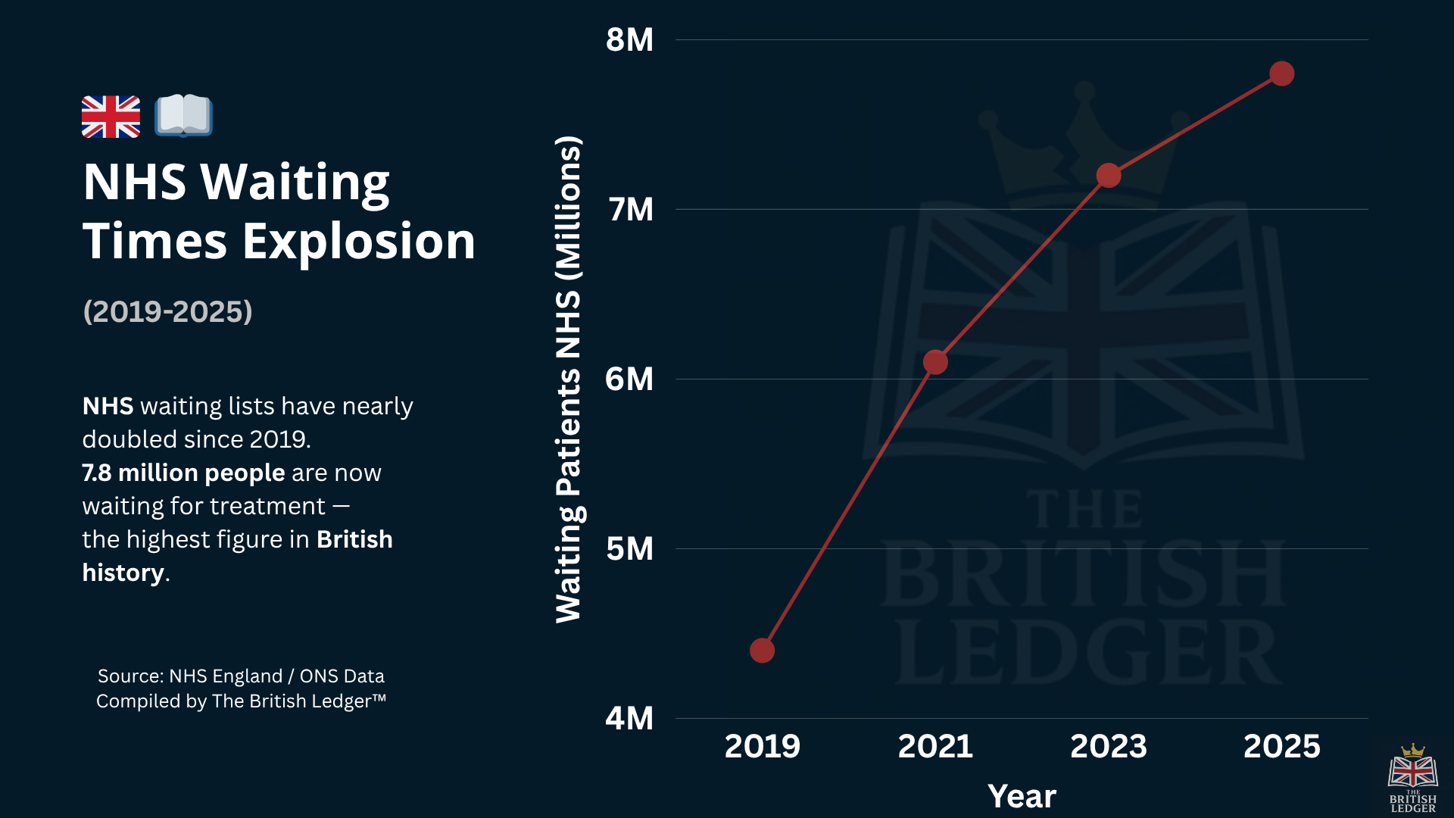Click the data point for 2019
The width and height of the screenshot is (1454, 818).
click(x=762, y=650)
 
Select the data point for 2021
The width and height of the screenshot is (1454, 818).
click(x=935, y=362)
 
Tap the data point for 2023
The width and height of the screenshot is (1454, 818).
click(x=1109, y=175)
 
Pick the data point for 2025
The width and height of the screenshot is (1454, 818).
click(x=1281, y=73)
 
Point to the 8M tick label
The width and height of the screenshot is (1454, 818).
click(x=629, y=40)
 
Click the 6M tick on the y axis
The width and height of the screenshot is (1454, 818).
click(x=629, y=379)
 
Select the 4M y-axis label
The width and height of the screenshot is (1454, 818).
click(x=629, y=718)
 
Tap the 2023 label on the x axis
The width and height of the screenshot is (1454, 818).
click(x=1108, y=746)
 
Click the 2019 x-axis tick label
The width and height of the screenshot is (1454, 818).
click(x=762, y=746)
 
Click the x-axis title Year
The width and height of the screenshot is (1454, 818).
click(x=1022, y=796)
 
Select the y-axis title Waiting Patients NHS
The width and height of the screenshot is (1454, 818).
click(x=568, y=379)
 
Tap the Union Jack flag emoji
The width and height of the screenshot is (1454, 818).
click(x=111, y=117)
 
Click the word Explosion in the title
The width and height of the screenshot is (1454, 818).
click(x=358, y=242)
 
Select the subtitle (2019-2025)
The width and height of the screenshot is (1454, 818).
click(x=167, y=311)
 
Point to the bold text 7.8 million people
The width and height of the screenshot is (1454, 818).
click(x=183, y=473)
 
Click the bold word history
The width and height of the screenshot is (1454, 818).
click(x=123, y=573)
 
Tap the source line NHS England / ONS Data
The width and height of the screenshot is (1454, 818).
click(x=241, y=676)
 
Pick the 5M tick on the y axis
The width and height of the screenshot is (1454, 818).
click(x=629, y=548)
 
